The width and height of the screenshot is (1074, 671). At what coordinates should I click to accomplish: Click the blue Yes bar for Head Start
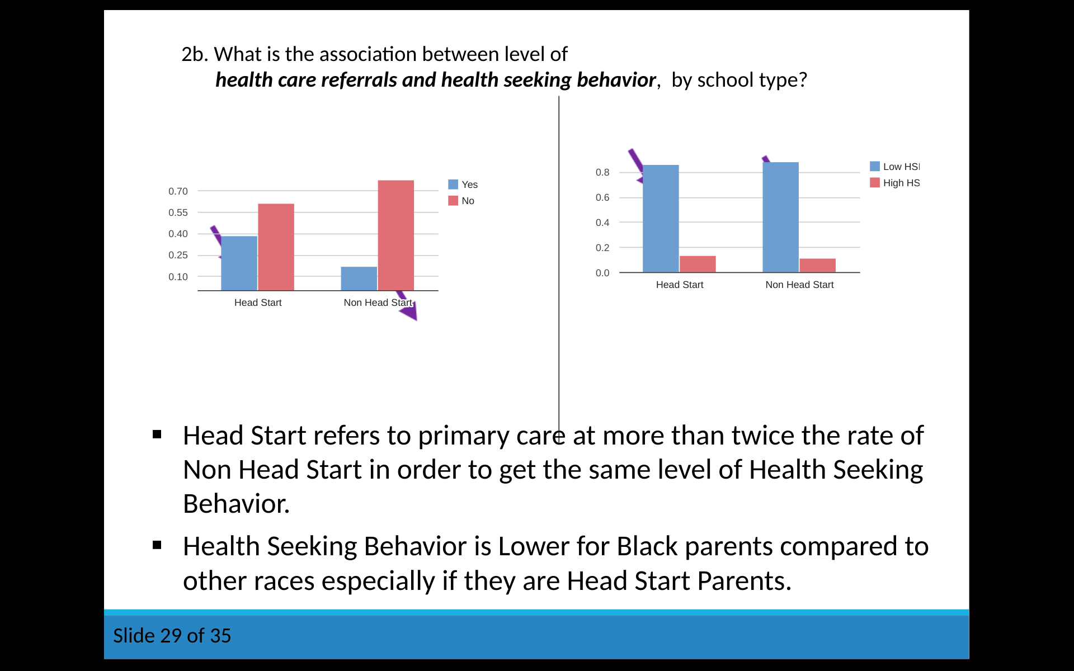239,263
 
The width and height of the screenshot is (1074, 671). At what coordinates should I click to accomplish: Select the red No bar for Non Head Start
396,235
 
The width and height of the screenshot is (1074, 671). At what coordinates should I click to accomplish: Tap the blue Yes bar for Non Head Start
359,278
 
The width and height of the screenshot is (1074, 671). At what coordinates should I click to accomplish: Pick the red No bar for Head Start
276,247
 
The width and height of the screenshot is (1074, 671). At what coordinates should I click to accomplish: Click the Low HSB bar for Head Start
661,219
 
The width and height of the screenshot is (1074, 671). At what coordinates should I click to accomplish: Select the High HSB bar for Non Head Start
817,266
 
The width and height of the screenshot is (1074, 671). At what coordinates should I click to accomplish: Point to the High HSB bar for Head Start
698,264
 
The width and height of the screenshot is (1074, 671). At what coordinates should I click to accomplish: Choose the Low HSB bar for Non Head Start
780,217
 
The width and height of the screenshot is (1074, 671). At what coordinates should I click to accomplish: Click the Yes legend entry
463,185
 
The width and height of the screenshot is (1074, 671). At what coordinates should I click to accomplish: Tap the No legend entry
461,201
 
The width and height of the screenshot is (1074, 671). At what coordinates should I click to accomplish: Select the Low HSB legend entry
895,167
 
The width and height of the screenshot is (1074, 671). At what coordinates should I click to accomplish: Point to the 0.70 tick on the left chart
178,191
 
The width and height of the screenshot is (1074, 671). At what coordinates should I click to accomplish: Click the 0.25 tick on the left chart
178,255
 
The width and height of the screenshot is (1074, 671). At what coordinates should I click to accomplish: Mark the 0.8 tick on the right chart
602,172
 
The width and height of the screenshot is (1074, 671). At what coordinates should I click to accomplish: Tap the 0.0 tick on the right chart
602,273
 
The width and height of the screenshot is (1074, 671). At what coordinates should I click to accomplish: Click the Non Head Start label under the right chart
799,285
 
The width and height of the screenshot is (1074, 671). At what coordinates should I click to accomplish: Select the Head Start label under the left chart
258,303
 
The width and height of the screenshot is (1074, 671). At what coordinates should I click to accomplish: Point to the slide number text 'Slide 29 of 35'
172,636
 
